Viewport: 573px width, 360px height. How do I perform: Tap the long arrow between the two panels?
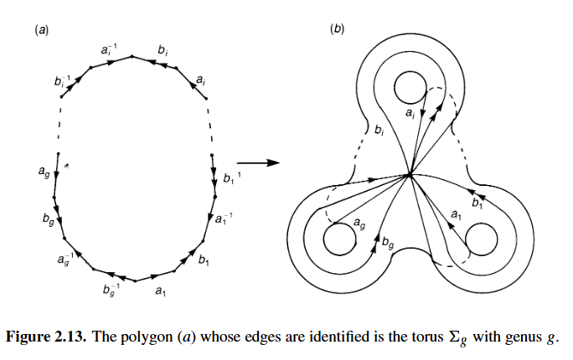(x=260, y=162)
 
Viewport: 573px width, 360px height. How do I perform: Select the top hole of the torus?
(x=410, y=89)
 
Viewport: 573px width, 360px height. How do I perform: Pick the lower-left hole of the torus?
(x=338, y=241)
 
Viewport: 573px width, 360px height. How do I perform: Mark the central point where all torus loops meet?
(x=410, y=175)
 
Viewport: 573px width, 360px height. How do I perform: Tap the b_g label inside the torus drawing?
(x=387, y=244)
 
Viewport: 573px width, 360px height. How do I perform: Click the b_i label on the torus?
(x=380, y=131)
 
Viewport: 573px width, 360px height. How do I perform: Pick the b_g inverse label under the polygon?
(x=110, y=290)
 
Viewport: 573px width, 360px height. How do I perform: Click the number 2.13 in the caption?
(x=71, y=337)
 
